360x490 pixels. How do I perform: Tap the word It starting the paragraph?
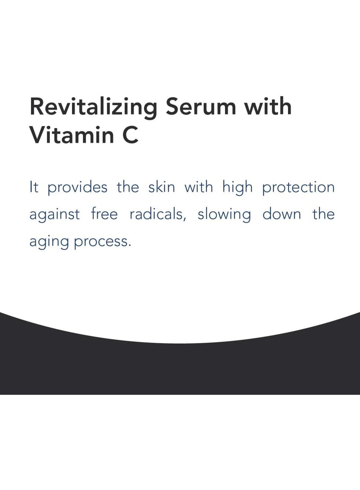point(34,187)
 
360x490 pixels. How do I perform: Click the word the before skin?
point(128,187)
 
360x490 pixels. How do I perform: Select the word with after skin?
point(198,187)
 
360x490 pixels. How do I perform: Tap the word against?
point(54,215)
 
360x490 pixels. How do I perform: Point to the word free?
point(104,214)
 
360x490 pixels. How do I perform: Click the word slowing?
point(224,215)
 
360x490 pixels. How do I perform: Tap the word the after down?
point(324,214)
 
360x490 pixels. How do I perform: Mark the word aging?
point(48,242)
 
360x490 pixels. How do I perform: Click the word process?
point(103,242)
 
